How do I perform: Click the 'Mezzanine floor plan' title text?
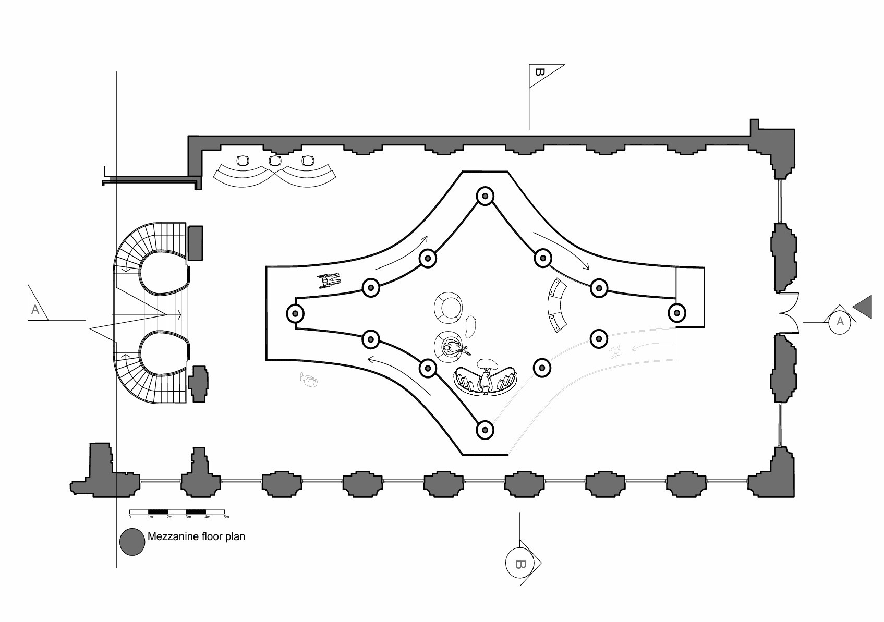[x=196, y=536]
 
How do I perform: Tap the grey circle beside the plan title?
[x=132, y=542]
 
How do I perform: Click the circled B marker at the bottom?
[x=519, y=564]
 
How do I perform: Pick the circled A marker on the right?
[x=840, y=322]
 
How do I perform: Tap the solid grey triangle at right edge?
[x=864, y=307]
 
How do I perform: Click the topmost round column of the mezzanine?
[x=485, y=196]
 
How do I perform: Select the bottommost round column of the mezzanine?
[x=485, y=430]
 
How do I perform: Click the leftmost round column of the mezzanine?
[x=295, y=313]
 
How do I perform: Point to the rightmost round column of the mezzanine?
[x=676, y=313]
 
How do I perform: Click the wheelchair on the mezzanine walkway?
[x=329, y=281]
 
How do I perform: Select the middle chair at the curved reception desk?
[x=275, y=161]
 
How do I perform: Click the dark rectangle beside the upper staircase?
[x=195, y=243]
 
